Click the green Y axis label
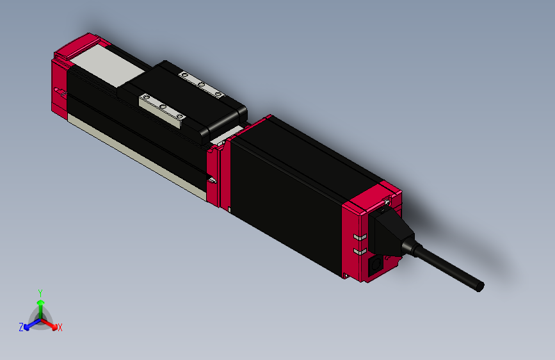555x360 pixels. [40, 292]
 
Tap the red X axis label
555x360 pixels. [60, 327]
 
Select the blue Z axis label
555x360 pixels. [21, 327]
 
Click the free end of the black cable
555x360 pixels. [479, 286]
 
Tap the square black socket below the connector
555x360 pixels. [376, 263]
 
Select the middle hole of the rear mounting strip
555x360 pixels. [201, 85]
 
